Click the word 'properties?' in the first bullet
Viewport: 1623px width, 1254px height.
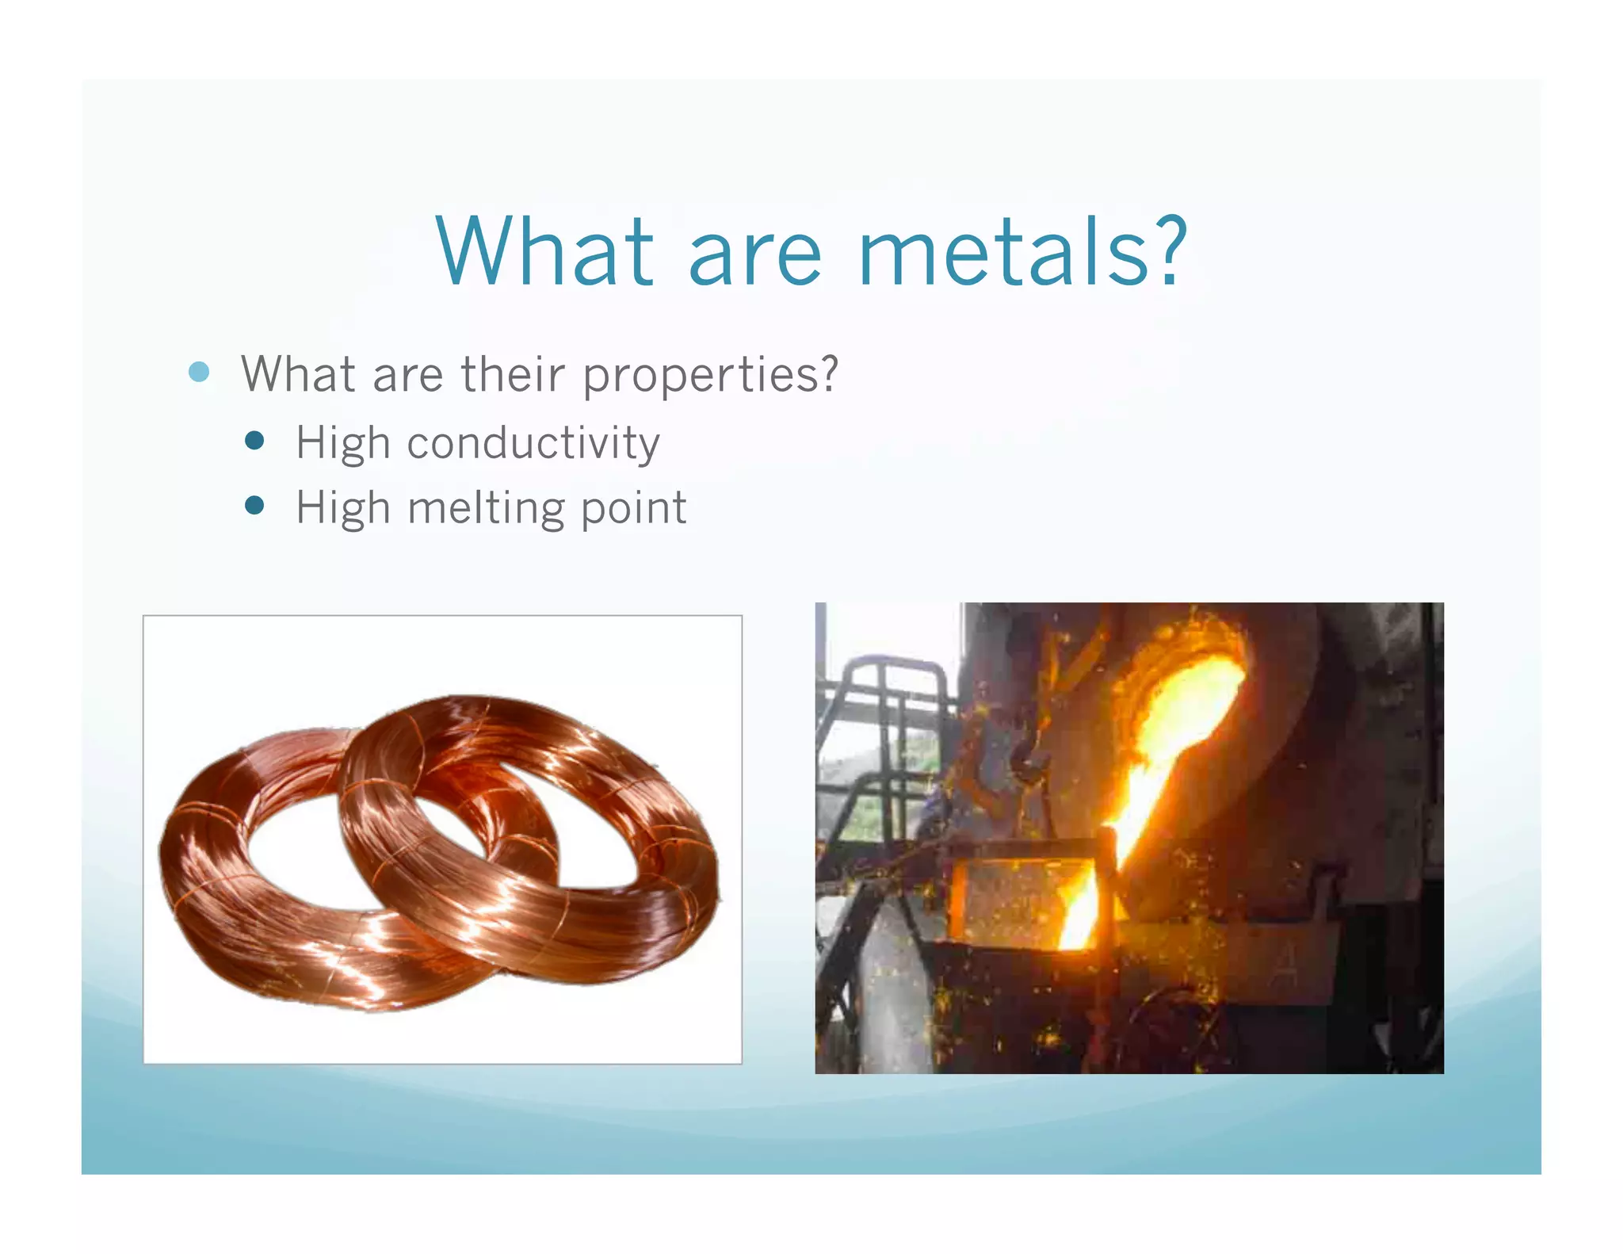pos(710,375)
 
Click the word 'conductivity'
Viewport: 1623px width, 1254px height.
pos(533,442)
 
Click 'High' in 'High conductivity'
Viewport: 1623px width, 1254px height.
pos(342,442)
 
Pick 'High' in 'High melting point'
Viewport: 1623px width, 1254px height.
pos(342,508)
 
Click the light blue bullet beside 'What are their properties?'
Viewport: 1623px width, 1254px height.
pos(199,372)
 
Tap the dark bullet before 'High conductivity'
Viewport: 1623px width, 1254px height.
pos(254,441)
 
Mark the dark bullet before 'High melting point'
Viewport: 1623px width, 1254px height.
pos(254,506)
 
